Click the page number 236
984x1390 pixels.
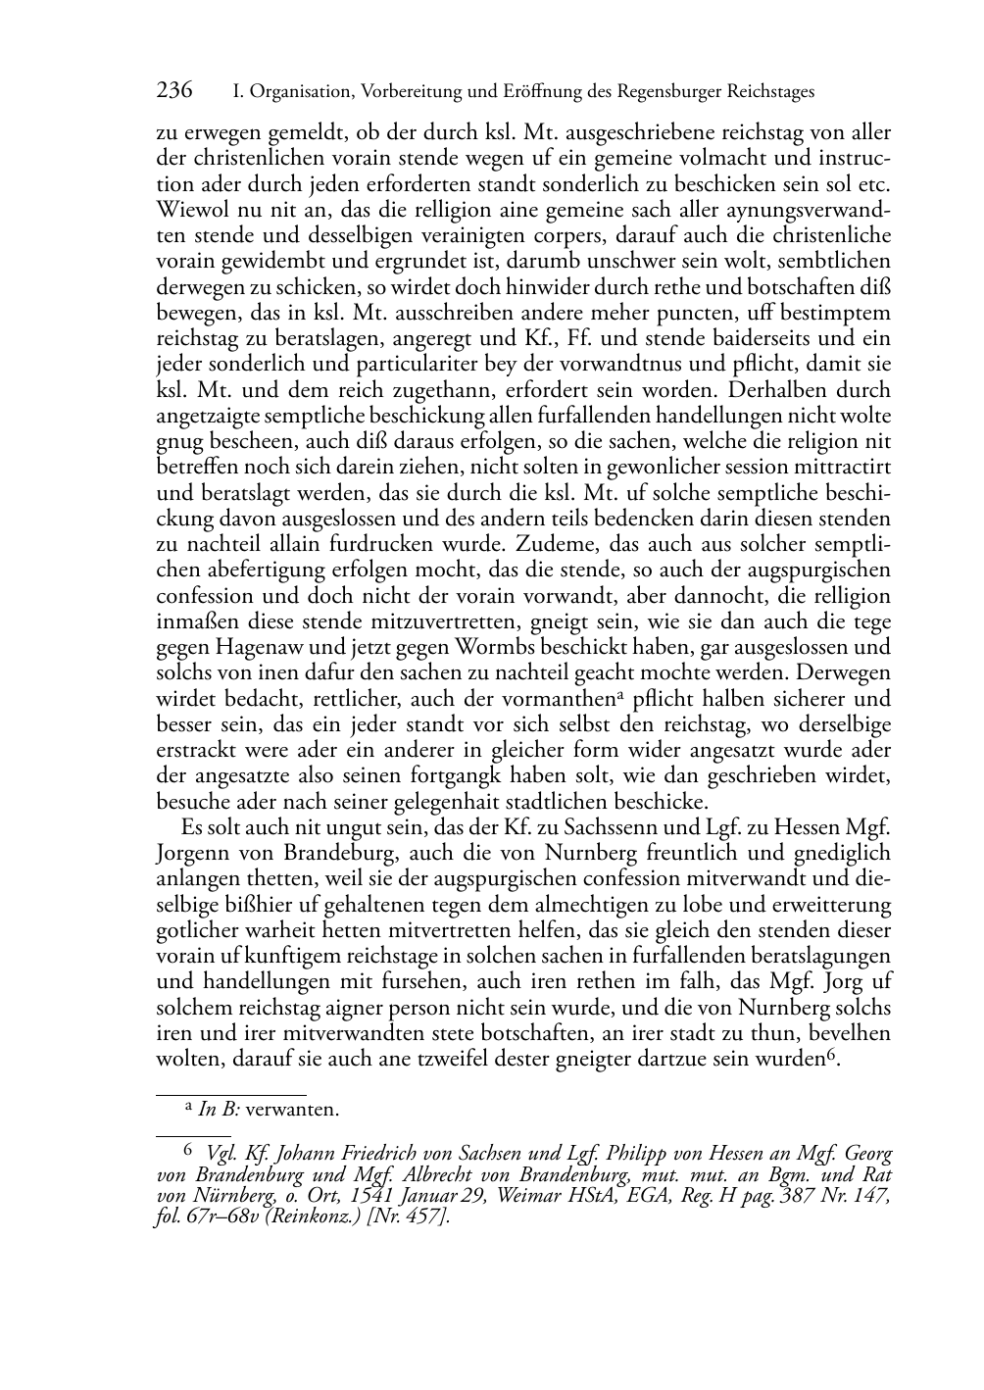174,91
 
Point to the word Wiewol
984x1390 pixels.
187,210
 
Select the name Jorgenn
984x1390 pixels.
191,853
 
